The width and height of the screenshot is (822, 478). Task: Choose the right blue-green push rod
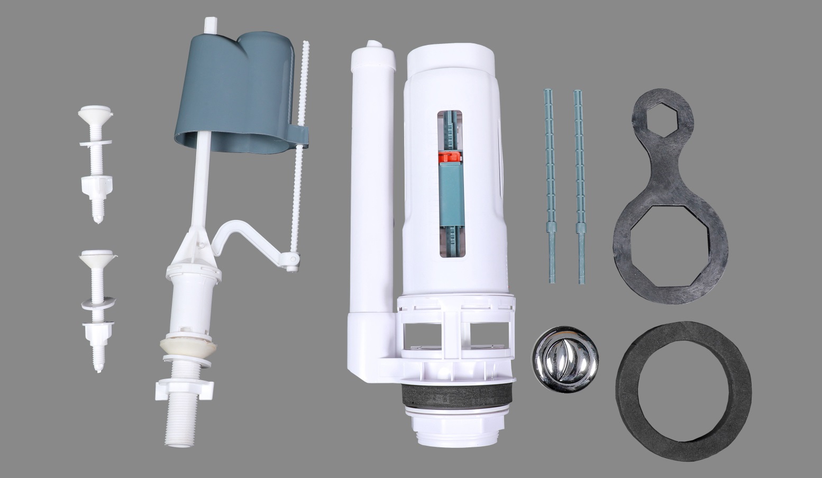click(x=579, y=185)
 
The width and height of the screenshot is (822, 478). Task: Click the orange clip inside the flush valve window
click(x=450, y=157)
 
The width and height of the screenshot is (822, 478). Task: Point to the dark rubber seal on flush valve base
click(x=457, y=394)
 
